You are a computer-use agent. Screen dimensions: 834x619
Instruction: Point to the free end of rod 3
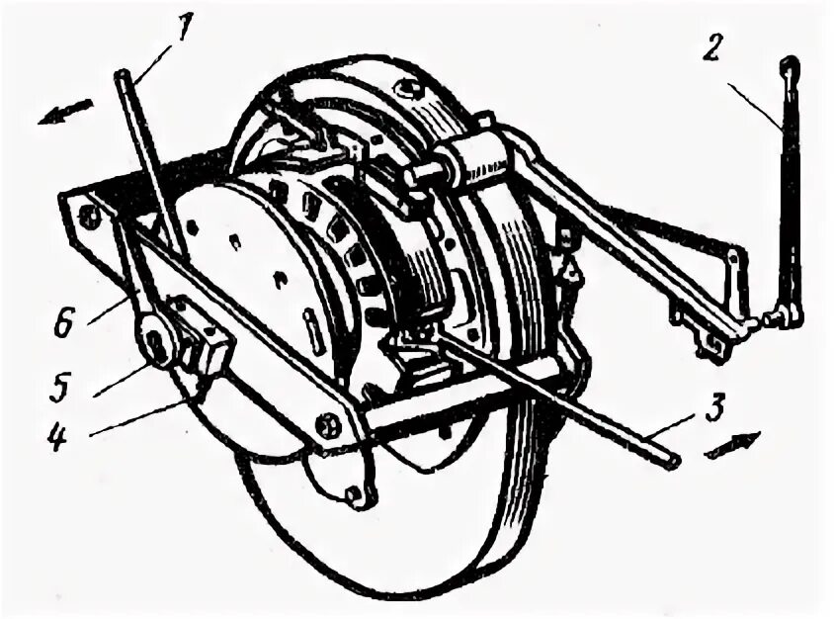673,460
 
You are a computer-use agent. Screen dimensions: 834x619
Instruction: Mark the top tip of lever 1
122,76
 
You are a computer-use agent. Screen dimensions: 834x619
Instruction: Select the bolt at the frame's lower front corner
327,428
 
